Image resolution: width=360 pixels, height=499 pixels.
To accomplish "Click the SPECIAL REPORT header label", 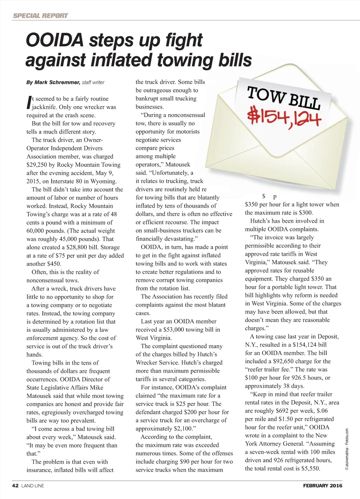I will pyautogui.click(x=40, y=15).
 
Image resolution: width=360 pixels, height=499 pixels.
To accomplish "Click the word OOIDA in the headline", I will pyautogui.click(x=54, y=40).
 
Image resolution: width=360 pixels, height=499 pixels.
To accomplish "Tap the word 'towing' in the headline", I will pyautogui.click(x=185, y=60).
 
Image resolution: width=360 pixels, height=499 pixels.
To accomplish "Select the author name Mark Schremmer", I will pyautogui.click(x=57, y=82).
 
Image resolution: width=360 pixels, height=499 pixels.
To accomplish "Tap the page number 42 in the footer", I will pyautogui.click(x=15, y=486).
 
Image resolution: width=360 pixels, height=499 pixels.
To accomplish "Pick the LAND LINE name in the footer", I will pyautogui.click(x=33, y=486).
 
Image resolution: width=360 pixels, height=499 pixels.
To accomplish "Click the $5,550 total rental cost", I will pyautogui.click(x=310, y=468).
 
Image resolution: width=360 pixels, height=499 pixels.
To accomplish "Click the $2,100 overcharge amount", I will pyautogui.click(x=184, y=429).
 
